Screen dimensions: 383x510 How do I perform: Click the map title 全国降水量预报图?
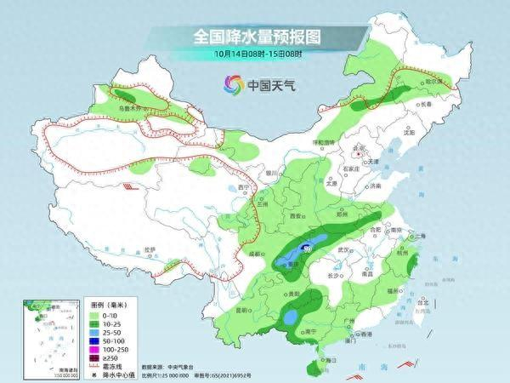click(x=256, y=37)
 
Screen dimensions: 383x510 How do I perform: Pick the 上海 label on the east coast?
click(x=417, y=237)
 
